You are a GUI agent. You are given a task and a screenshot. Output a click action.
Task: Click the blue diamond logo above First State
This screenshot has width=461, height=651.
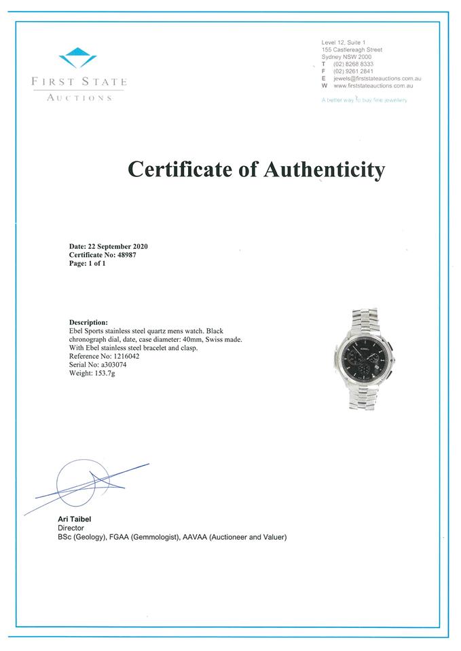click(78, 57)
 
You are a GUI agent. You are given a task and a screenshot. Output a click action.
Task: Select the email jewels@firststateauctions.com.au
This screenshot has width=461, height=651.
click(373, 79)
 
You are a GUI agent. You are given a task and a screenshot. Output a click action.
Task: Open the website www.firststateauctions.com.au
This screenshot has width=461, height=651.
click(373, 86)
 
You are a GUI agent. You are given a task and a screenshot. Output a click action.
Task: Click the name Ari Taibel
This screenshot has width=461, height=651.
click(75, 519)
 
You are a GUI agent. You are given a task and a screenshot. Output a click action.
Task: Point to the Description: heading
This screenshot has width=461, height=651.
click(88, 322)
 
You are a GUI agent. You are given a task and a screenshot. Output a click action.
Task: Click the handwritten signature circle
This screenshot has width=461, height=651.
click(81, 483)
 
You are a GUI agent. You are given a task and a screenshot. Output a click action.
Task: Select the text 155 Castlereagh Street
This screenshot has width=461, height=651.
click(352, 50)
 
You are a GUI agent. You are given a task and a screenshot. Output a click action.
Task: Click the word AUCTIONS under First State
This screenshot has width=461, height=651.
click(79, 98)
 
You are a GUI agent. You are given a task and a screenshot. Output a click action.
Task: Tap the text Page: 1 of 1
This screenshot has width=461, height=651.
click(88, 263)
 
